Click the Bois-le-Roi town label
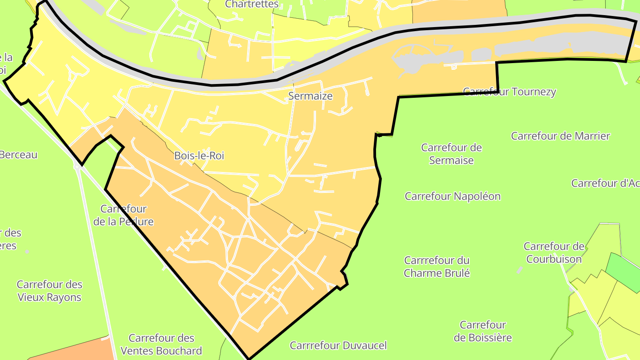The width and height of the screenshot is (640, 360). [199, 156]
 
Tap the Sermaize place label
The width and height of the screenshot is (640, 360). [310, 96]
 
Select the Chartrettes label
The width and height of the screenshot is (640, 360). [252, 4]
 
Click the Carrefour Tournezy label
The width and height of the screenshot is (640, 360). [509, 92]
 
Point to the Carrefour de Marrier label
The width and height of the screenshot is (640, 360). [560, 136]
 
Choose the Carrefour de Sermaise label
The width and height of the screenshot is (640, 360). [452, 154]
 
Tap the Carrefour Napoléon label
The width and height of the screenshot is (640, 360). [452, 196]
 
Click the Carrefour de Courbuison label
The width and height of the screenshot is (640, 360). [554, 252]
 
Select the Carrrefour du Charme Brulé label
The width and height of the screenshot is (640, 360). [437, 266]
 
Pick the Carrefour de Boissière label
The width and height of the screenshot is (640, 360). [483, 331]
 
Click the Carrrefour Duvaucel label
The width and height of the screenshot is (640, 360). [338, 345]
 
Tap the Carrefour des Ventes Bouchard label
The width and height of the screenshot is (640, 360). [161, 344]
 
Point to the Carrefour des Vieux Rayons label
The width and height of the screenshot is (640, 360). [49, 291]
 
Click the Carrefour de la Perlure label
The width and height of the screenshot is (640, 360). [124, 215]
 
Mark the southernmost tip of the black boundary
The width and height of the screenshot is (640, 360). [248, 358]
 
